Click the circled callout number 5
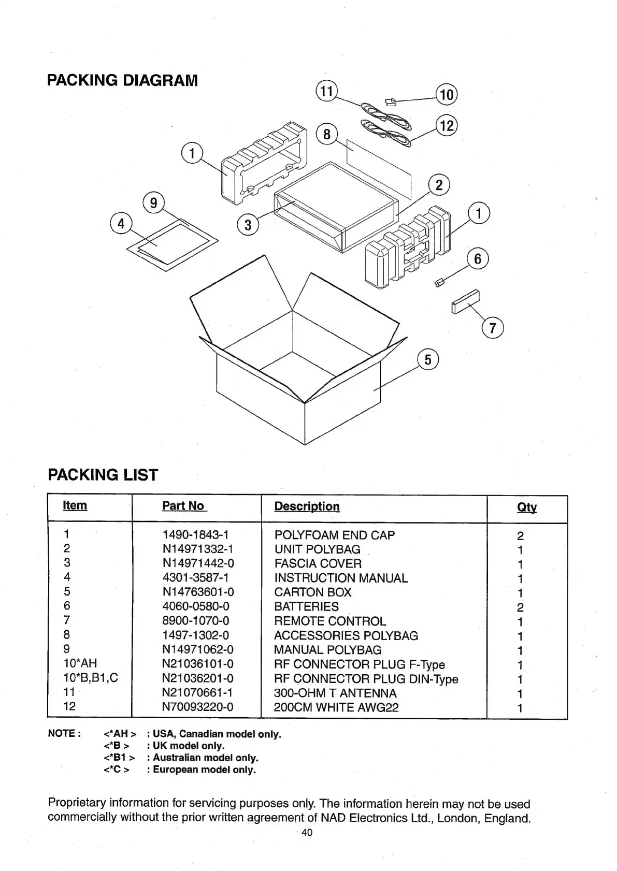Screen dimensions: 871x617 click(428, 360)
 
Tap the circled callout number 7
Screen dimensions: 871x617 click(492, 328)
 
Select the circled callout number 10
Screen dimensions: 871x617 click(446, 95)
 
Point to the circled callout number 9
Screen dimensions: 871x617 click(153, 203)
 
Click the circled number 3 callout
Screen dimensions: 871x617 click(248, 225)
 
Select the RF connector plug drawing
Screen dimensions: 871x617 click(391, 101)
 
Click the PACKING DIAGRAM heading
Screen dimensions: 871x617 click(122, 81)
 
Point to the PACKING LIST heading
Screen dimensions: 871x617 click(103, 475)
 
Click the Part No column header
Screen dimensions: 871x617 click(184, 506)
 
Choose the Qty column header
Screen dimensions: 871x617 click(526, 508)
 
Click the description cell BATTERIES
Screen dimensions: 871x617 click(306, 607)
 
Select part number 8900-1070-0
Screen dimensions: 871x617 click(196, 621)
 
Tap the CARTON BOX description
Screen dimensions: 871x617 click(313, 592)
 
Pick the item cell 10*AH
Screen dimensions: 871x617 click(80, 663)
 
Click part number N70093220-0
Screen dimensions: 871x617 click(198, 707)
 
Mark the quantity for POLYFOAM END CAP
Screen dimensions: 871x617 click(521, 536)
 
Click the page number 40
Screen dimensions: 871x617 click(307, 833)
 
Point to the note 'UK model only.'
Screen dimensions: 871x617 click(185, 746)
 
